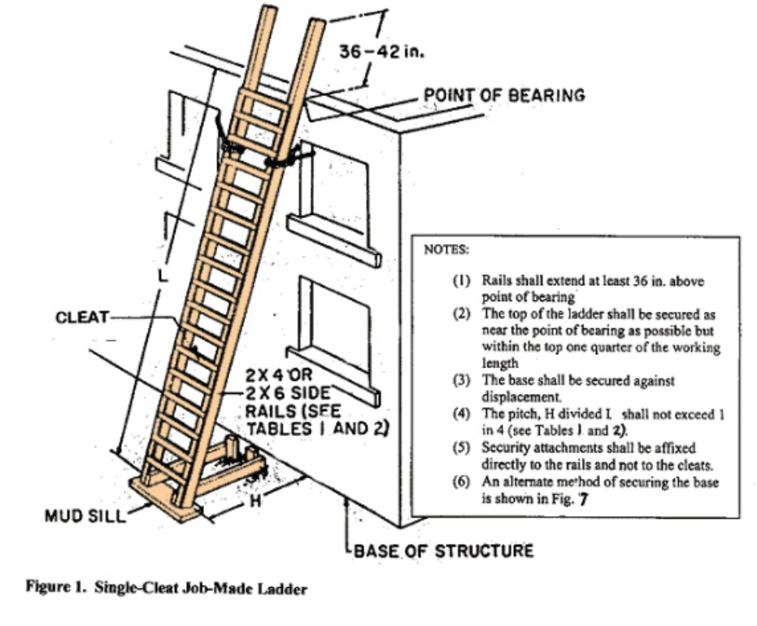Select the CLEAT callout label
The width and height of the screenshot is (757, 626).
(x=81, y=317)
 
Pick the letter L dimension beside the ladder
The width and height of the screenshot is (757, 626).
(x=163, y=275)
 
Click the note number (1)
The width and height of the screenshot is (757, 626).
(x=461, y=282)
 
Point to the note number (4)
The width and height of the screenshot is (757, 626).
(x=461, y=414)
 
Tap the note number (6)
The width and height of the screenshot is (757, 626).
(x=461, y=482)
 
